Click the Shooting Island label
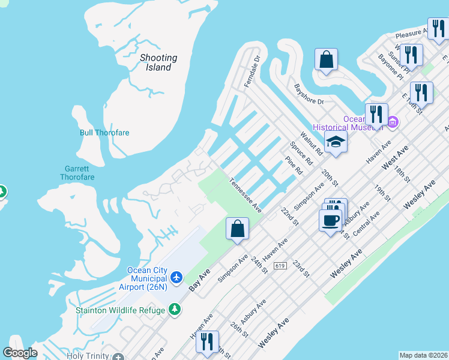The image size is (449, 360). click(x=158, y=62)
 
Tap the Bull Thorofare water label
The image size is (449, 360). click(x=104, y=133)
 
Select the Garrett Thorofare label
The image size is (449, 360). click(x=77, y=173)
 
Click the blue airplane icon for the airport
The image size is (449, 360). click(x=176, y=277)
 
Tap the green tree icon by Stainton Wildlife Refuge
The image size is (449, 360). click(x=175, y=309)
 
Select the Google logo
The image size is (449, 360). click(x=20, y=353)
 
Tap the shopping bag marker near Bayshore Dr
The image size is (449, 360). click(x=326, y=59)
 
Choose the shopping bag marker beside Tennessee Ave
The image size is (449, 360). click(x=237, y=229)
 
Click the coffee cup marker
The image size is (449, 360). click(x=330, y=220)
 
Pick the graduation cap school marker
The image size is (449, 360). click(x=336, y=142)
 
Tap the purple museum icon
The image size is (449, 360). click(x=393, y=123)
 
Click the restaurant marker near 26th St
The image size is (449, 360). click(x=207, y=341)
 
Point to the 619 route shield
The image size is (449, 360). click(x=279, y=265)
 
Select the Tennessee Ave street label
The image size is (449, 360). click(x=246, y=195)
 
